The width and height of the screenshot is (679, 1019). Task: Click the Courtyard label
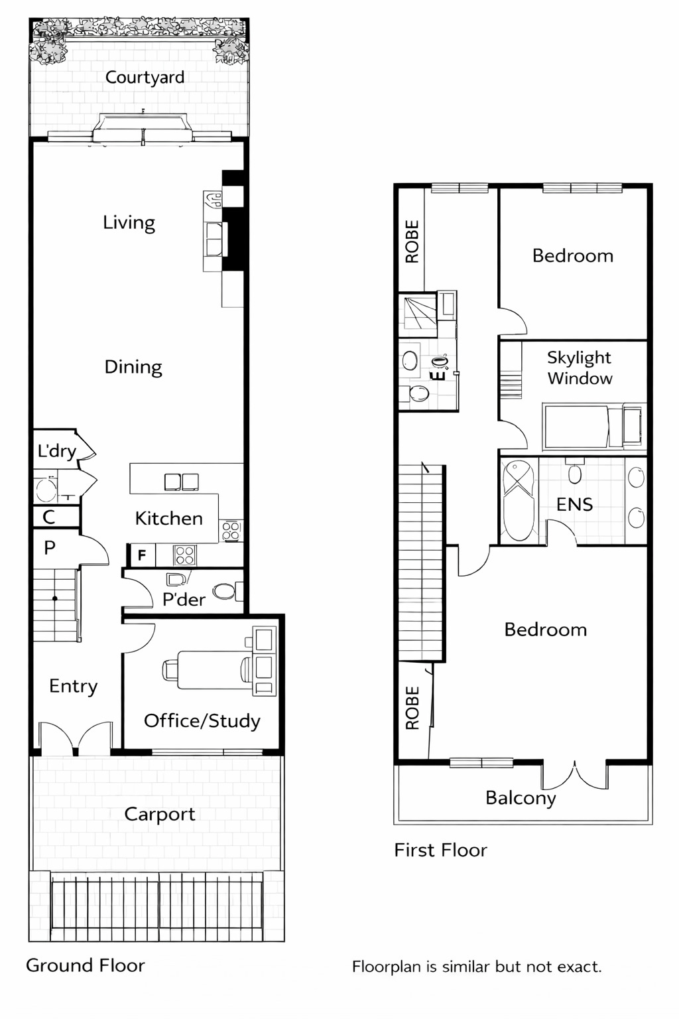pos(145,78)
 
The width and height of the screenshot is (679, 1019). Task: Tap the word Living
pos(129,222)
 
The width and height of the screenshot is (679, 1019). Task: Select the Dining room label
pos(133,367)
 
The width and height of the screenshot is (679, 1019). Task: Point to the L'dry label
pos(56,451)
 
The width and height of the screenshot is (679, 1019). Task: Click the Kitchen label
pos(168,518)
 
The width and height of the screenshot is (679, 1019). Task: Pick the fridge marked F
pos(141,555)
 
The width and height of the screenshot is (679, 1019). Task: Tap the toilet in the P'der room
pos(223,591)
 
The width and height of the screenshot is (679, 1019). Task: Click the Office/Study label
pos(202,720)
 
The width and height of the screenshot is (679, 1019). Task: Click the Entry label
pos(73,686)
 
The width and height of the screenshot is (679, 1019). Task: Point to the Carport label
pos(159,814)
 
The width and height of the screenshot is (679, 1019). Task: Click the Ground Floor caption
pos(85,965)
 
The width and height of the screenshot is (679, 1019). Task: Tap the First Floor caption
pos(440,850)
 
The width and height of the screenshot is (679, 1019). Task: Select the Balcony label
pos(521,797)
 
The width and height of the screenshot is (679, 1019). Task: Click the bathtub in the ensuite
pos(518,501)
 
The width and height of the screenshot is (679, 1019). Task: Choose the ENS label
pos(574,504)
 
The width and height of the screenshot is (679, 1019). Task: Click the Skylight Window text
pos(579,368)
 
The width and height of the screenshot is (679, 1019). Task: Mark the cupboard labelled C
pos(49,517)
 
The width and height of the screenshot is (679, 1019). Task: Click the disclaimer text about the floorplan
pos(476,967)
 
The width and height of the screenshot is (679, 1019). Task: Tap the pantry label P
pos(50,548)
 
